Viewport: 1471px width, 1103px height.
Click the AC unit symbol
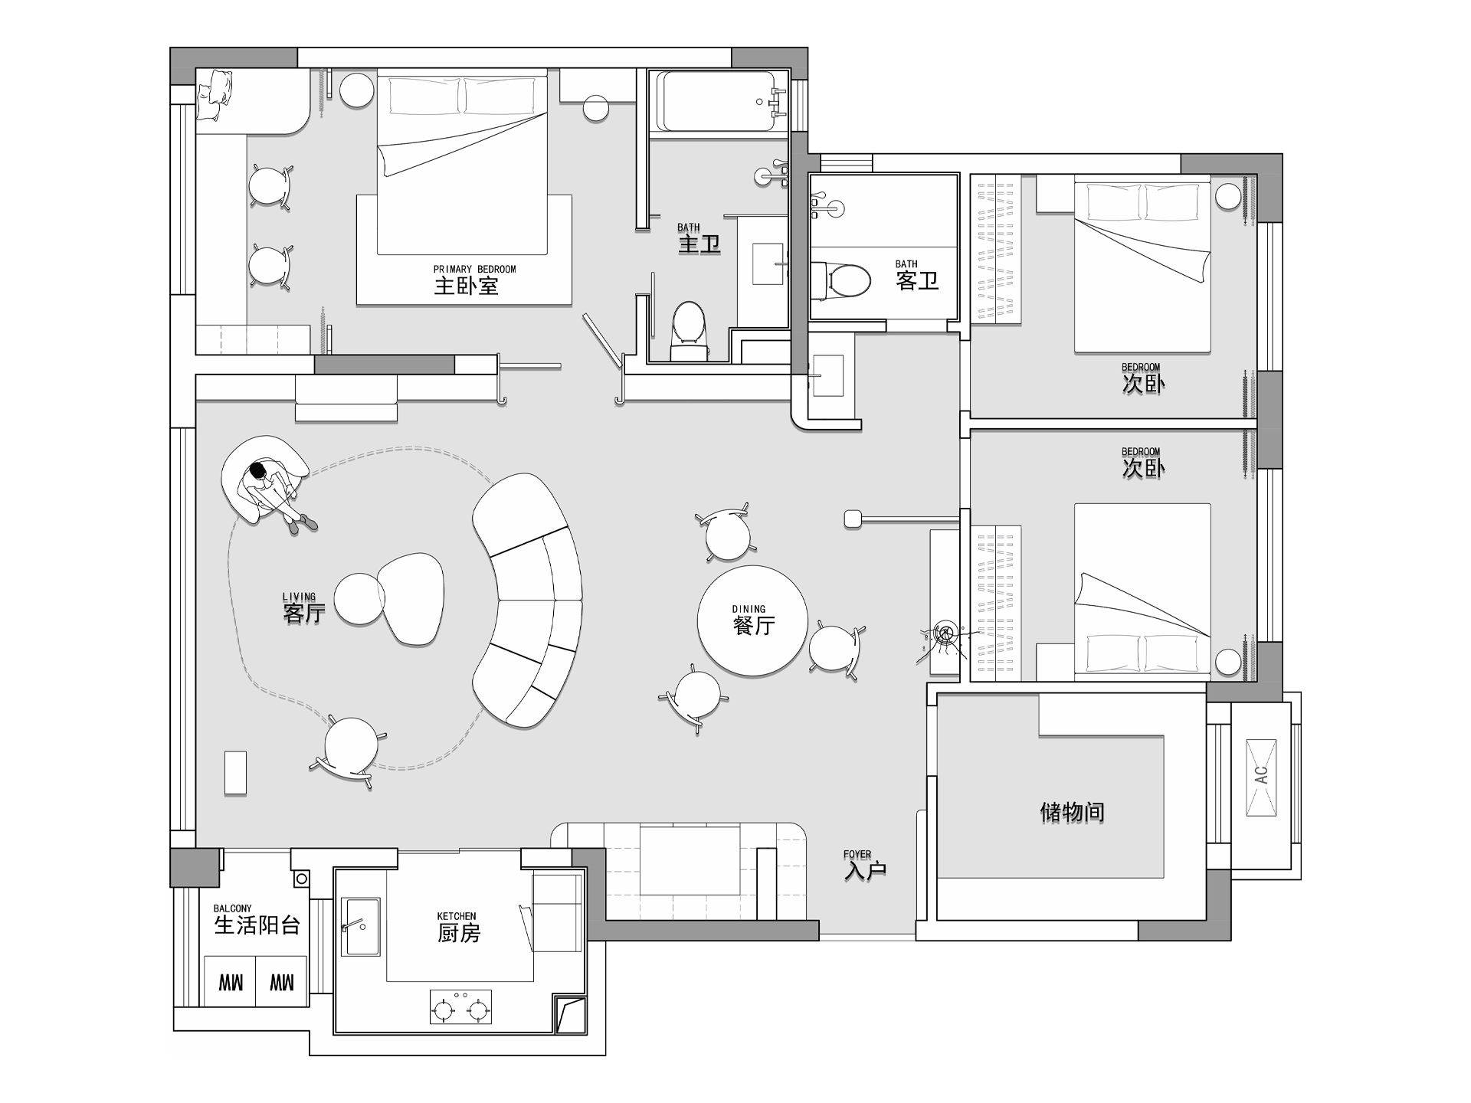click(1261, 777)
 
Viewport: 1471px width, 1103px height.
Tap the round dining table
click(752, 620)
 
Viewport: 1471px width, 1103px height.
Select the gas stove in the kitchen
click(460, 1006)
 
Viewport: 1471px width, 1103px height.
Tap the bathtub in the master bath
click(719, 101)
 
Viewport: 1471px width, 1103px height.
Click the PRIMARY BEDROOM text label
click(474, 269)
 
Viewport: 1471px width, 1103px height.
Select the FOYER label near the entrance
click(857, 854)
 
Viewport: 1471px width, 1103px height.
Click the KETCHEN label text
click(457, 916)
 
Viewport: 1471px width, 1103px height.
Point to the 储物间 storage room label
click(1072, 812)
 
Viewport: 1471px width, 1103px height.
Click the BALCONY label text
click(233, 908)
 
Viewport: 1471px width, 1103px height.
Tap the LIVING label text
click(299, 597)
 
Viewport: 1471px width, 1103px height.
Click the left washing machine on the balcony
click(230, 981)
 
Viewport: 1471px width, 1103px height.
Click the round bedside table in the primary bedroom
click(356, 89)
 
